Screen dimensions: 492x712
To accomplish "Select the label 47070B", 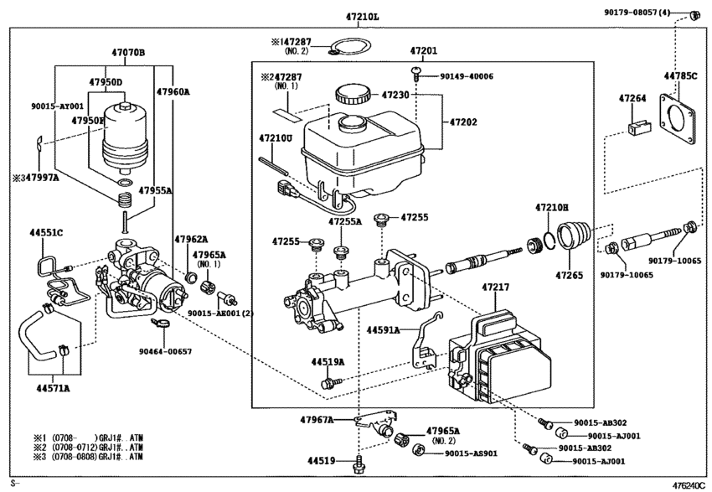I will (x=128, y=52).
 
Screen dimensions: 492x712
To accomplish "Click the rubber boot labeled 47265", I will (x=574, y=234).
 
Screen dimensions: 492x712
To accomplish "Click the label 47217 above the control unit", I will (x=495, y=287).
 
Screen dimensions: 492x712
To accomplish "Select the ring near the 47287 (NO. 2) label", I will (x=350, y=48).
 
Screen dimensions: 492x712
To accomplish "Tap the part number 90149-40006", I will (x=466, y=76).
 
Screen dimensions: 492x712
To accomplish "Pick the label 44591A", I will (x=383, y=330).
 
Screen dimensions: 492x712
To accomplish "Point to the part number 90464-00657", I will (x=167, y=351).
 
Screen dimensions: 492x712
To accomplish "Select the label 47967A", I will (x=317, y=419).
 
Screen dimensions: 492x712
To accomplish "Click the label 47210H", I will (x=552, y=206).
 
